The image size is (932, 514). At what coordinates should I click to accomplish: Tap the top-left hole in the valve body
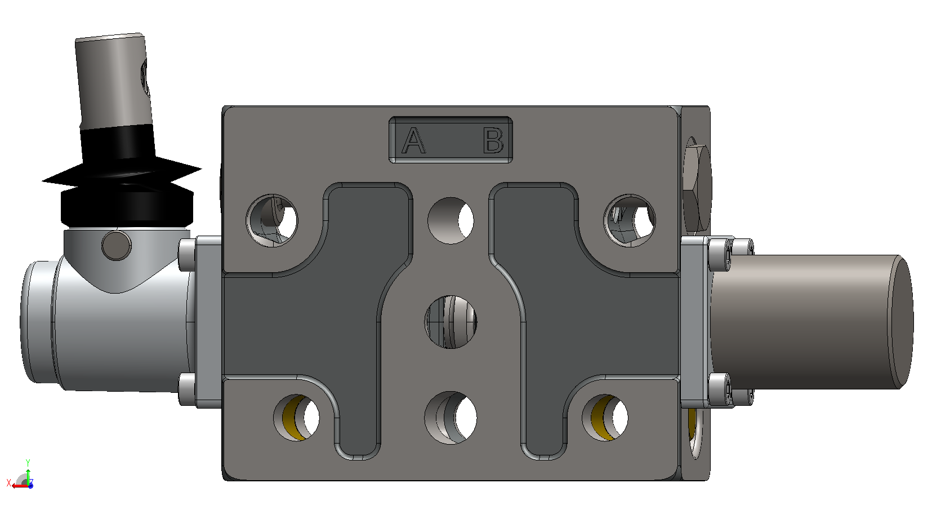click(x=271, y=220)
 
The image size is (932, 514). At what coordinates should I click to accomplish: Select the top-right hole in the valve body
click(x=630, y=220)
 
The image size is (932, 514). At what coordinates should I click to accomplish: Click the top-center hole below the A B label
click(x=451, y=220)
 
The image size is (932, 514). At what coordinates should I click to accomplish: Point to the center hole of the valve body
click(x=451, y=322)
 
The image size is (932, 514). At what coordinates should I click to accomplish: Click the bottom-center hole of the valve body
click(x=451, y=418)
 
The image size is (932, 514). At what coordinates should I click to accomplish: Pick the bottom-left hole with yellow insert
click(x=297, y=418)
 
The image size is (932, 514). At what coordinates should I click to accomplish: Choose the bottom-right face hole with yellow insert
click(x=605, y=418)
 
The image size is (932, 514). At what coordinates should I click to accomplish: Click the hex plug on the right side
click(x=697, y=188)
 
